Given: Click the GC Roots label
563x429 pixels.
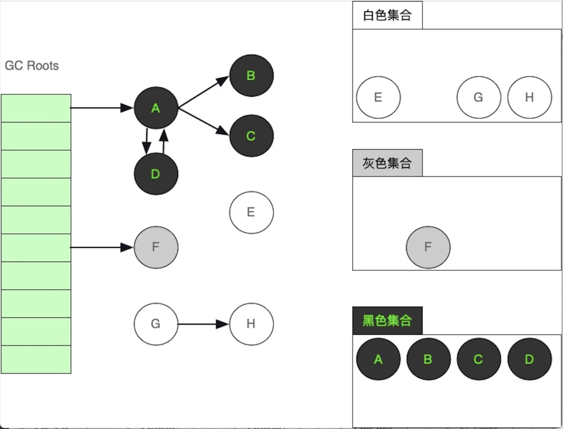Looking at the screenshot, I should click(32, 66).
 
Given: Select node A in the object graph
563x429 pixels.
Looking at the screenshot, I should click(156, 108).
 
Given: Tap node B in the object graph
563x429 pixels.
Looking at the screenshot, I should click(251, 75).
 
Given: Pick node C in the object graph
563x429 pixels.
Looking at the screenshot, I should click(251, 136).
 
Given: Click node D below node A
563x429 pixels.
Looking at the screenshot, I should click(156, 174).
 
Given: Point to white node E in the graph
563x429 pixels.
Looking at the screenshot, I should click(251, 212).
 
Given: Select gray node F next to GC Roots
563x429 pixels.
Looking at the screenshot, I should click(156, 247).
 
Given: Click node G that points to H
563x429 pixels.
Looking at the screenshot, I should click(156, 324).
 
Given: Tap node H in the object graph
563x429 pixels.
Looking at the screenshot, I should click(251, 324).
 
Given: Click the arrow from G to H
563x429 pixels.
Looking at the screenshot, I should click(203, 324).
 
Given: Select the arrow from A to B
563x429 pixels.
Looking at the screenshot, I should click(203, 92).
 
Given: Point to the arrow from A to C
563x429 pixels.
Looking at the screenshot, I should click(203, 121).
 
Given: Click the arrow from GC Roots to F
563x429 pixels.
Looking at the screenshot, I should click(101, 247).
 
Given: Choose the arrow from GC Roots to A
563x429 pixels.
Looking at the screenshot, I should click(101, 108).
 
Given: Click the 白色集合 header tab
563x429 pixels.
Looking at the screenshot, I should click(387, 15).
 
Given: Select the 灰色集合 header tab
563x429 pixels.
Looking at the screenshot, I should click(387, 163).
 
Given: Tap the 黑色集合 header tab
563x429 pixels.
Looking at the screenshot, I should click(387, 321).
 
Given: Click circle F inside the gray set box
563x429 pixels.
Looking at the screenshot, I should click(428, 247).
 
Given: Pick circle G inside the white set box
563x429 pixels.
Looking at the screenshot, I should click(479, 97).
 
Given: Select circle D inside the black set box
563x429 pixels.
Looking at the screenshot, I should click(529, 359).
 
